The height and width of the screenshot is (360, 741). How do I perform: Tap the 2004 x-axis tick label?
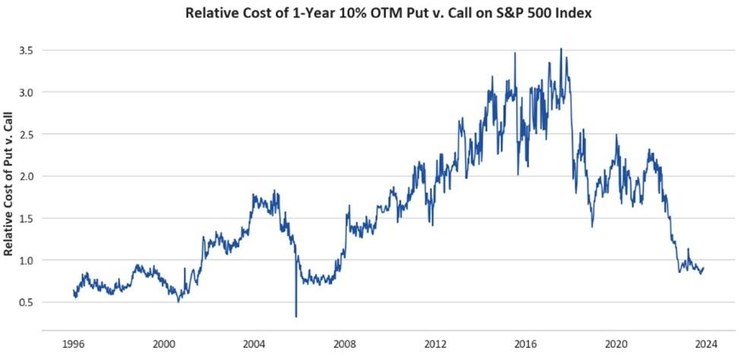tap(255, 343)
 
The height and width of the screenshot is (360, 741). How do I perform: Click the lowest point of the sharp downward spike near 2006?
tap(296, 316)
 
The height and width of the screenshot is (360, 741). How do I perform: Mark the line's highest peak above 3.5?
tap(561, 49)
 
